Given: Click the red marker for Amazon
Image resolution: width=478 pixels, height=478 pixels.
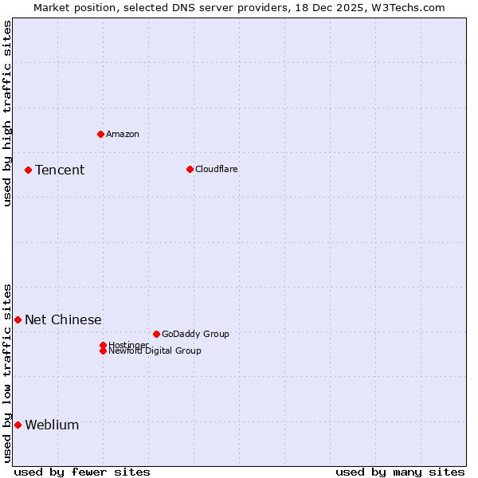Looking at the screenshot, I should pyautogui.click(x=100, y=134).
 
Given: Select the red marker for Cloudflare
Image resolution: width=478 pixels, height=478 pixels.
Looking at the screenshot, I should pyautogui.click(x=190, y=169).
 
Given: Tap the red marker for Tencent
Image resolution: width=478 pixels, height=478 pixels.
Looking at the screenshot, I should pyautogui.click(x=28, y=170).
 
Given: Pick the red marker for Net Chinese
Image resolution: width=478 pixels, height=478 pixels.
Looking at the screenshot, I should pyautogui.click(x=18, y=319).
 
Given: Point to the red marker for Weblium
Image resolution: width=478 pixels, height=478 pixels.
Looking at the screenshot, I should pyautogui.click(x=18, y=425).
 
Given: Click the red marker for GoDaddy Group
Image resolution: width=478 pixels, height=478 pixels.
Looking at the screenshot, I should pyautogui.click(x=156, y=334).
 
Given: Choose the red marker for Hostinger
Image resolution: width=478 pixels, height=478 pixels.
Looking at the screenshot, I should pyautogui.click(x=103, y=345).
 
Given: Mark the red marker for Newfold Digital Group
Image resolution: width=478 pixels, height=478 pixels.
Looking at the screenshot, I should pyautogui.click(x=103, y=351).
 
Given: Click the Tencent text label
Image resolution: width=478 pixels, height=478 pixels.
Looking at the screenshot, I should pyautogui.click(x=60, y=170).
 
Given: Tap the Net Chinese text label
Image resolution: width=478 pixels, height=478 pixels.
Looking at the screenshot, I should pyautogui.click(x=63, y=320).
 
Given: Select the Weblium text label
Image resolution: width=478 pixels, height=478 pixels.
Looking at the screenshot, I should pyautogui.click(x=52, y=425).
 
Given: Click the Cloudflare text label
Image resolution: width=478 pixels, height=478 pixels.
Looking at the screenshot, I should pyautogui.click(x=216, y=169).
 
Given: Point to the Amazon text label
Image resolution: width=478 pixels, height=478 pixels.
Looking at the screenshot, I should pyautogui.click(x=122, y=134).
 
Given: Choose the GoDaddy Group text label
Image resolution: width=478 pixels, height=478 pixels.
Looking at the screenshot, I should pyautogui.click(x=195, y=334).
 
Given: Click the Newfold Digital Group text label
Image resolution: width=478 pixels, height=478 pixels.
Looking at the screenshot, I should pyautogui.click(x=155, y=351).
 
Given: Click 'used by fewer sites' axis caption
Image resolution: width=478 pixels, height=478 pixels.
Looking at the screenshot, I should pyautogui.click(x=82, y=472).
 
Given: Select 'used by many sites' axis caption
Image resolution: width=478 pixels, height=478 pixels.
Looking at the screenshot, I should pyautogui.click(x=400, y=472).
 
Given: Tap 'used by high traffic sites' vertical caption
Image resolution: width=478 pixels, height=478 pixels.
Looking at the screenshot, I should pyautogui.click(x=7, y=113).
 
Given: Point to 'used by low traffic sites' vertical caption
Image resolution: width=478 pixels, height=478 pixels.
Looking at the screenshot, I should pyautogui.click(x=7, y=373).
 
